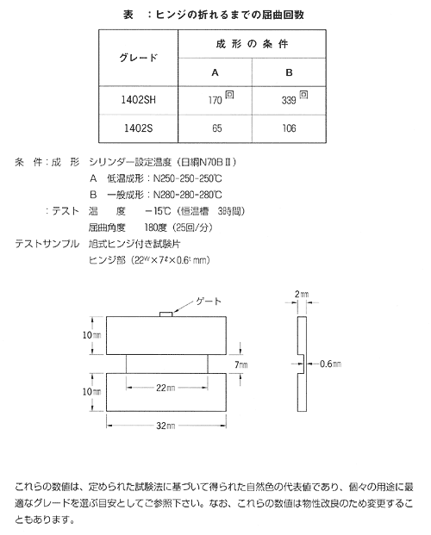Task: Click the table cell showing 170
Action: pos(215,100)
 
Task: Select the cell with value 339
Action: pos(289,100)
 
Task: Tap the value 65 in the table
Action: pos(217,128)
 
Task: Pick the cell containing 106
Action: pos(289,128)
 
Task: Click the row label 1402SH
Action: pos(138,100)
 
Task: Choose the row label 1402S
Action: pos(138,128)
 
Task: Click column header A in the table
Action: pos(215,72)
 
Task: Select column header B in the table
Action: pos(289,72)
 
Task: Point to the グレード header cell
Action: pos(138,58)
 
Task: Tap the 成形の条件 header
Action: pos(252,44)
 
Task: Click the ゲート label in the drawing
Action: pos(209,302)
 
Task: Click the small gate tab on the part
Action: pos(166,314)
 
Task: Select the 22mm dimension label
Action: pos(166,388)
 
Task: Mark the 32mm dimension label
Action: pos(166,426)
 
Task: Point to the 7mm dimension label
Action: pos(241,364)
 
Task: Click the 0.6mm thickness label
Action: pos(330,364)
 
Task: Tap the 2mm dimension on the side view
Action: pos(302,294)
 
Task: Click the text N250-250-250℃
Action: pos(188,178)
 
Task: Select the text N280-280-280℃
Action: pos(188,195)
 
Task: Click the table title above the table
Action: pos(214,15)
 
